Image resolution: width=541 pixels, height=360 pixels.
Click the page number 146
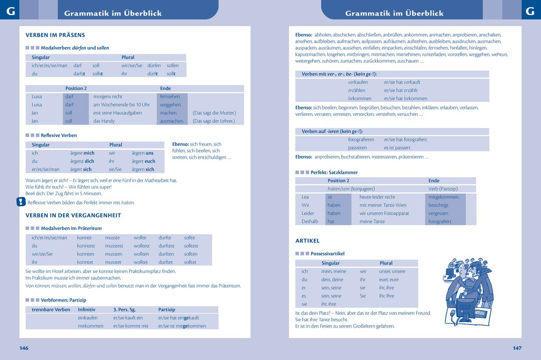pos(24,348)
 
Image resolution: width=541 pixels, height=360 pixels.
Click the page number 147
pos(517,348)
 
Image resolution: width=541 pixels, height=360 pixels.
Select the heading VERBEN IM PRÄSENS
pos(55,35)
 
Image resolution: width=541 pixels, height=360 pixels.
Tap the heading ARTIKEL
pos(307,241)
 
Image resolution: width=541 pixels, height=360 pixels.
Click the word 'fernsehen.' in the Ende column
pos(170,97)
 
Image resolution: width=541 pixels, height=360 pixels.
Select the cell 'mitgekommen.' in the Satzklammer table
pos(444,197)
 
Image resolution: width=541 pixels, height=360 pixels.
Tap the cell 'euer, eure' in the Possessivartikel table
pos(389,280)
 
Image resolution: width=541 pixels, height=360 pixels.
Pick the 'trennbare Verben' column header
pos(51,309)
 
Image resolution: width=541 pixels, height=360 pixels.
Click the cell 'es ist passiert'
pos(397,148)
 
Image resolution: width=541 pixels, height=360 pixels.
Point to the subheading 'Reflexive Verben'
pos(59,135)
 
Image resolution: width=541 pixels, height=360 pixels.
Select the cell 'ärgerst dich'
pos(82,161)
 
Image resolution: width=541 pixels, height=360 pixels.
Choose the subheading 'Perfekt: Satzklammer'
pos(334,172)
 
